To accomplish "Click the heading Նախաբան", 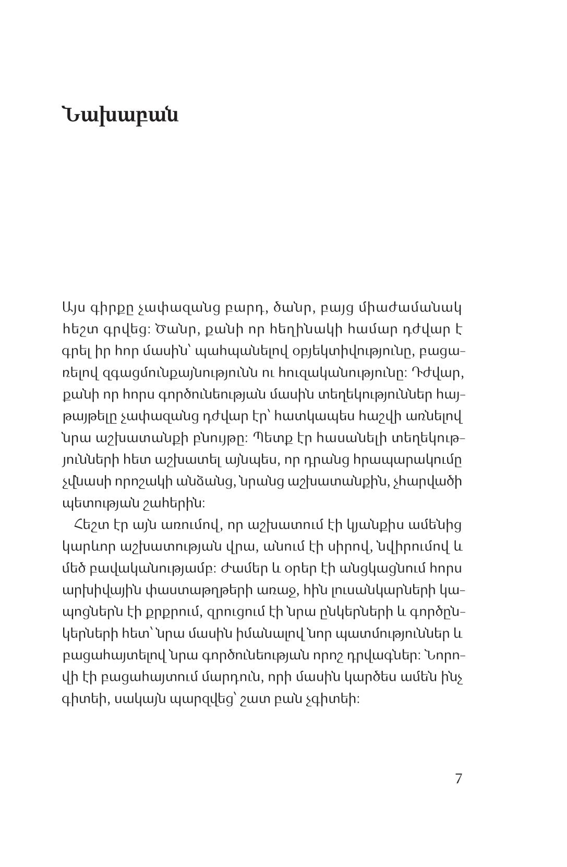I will click(120, 129).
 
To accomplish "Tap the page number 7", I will click(459, 779).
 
